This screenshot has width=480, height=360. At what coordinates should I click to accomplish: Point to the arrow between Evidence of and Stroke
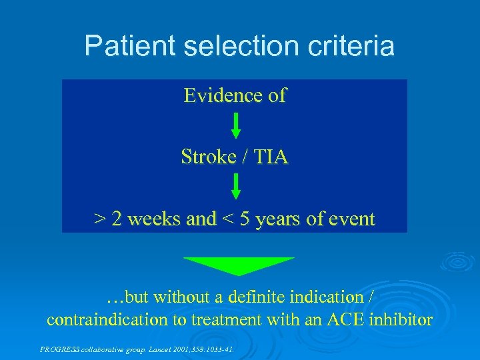235,125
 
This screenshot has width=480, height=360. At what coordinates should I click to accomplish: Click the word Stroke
208,157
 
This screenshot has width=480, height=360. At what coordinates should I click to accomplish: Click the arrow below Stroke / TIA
235,187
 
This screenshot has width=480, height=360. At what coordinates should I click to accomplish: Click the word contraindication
107,320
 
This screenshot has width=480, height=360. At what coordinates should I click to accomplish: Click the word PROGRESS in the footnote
59,348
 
